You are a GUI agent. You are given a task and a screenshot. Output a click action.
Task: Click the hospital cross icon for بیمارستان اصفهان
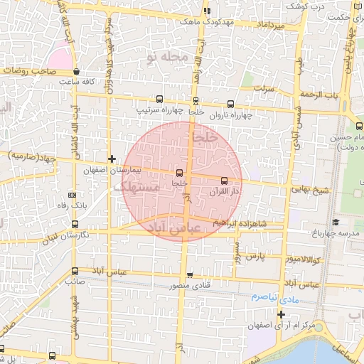pos(111,159)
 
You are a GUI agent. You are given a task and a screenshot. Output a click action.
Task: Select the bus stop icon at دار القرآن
pos(225,181)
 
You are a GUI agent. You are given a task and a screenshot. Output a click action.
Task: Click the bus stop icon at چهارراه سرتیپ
pos(158,100)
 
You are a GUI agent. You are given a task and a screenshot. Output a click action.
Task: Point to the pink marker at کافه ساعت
pos(76,72)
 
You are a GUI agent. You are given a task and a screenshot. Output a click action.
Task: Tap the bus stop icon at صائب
pos(75,271)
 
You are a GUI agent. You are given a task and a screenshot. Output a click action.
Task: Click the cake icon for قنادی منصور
pos(190,275)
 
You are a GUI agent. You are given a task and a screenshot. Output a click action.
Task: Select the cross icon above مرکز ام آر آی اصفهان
pos(282,314)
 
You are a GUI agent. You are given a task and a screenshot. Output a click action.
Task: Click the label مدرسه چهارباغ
pos(337,234)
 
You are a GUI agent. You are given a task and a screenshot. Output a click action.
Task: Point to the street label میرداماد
pos(271,26)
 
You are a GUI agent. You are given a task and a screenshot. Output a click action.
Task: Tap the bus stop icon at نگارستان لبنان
pos(75,224)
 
